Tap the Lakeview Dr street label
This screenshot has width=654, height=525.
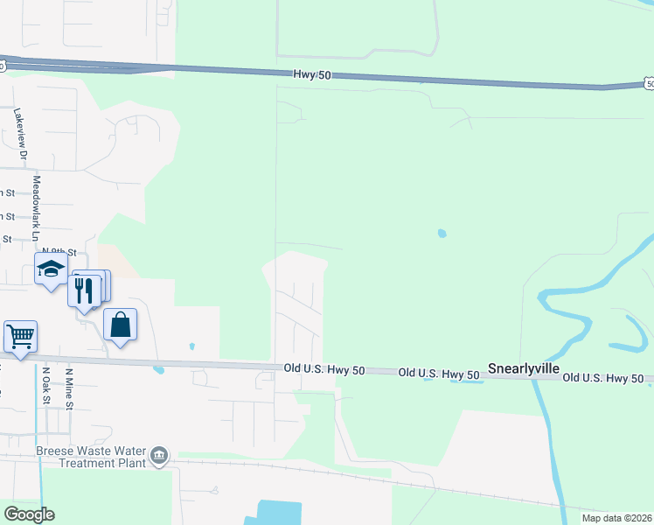click(20, 134)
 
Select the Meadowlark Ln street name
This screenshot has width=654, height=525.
click(37, 208)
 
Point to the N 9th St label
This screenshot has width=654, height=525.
click(72, 251)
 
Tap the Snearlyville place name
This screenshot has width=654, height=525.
click(523, 368)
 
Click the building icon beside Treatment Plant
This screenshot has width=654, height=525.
click(159, 456)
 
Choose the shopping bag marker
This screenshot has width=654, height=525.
click(121, 325)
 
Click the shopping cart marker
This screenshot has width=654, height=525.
click(20, 335)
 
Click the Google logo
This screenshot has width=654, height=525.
click(29, 514)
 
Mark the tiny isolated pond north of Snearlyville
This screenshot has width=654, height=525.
click(442, 234)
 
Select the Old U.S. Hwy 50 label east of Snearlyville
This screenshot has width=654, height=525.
click(604, 378)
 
